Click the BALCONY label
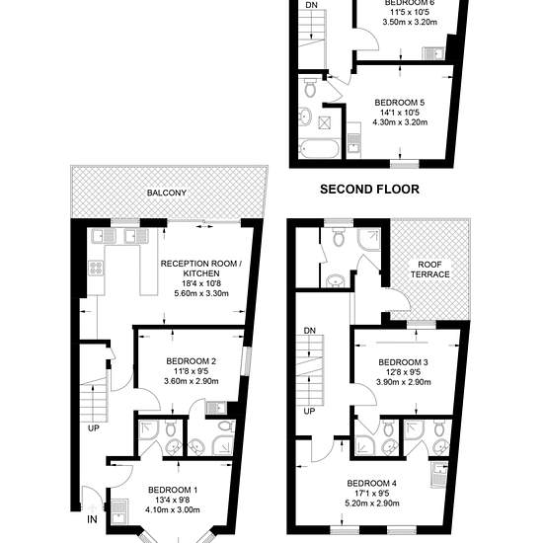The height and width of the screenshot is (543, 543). point(167,193)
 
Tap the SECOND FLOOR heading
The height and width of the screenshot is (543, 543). point(369,190)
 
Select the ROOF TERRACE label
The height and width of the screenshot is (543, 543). point(429,270)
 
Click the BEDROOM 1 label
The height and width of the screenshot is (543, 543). point(173,490)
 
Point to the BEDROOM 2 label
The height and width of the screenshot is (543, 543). point(192,361)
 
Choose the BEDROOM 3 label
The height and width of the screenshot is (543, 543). point(403,362)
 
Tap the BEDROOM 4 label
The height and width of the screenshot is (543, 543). point(372,483)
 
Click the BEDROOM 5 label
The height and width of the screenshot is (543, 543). point(400,103)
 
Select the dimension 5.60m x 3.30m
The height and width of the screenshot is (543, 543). point(201,293)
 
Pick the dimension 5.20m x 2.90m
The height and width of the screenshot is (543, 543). point(372,503)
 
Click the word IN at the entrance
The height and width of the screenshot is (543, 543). point(92,519)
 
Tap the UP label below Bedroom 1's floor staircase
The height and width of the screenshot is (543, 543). point(94,428)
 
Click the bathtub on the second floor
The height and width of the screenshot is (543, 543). point(320,148)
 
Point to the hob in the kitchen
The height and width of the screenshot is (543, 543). point(96,268)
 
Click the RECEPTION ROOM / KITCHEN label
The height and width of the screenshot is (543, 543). point(201,269)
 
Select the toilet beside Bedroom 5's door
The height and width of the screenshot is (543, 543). point(310,87)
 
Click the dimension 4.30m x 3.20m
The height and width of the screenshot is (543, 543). point(400,122)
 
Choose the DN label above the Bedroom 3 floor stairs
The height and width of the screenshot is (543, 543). point(310,331)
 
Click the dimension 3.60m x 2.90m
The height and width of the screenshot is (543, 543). point(192,381)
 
